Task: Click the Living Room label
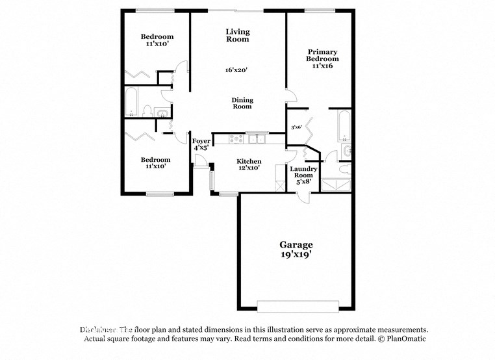click(238, 35)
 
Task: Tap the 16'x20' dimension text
click(236, 70)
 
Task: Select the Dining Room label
click(242, 103)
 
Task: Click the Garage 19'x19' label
click(296, 250)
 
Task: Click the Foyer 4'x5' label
click(201, 144)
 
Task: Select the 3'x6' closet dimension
click(296, 127)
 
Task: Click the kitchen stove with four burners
click(236, 138)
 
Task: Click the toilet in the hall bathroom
click(147, 111)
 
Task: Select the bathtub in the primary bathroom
click(344, 125)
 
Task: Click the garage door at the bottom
click(298, 305)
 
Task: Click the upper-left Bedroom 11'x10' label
click(157, 40)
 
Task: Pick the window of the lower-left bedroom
click(159, 194)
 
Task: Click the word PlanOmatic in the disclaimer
click(406, 339)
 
